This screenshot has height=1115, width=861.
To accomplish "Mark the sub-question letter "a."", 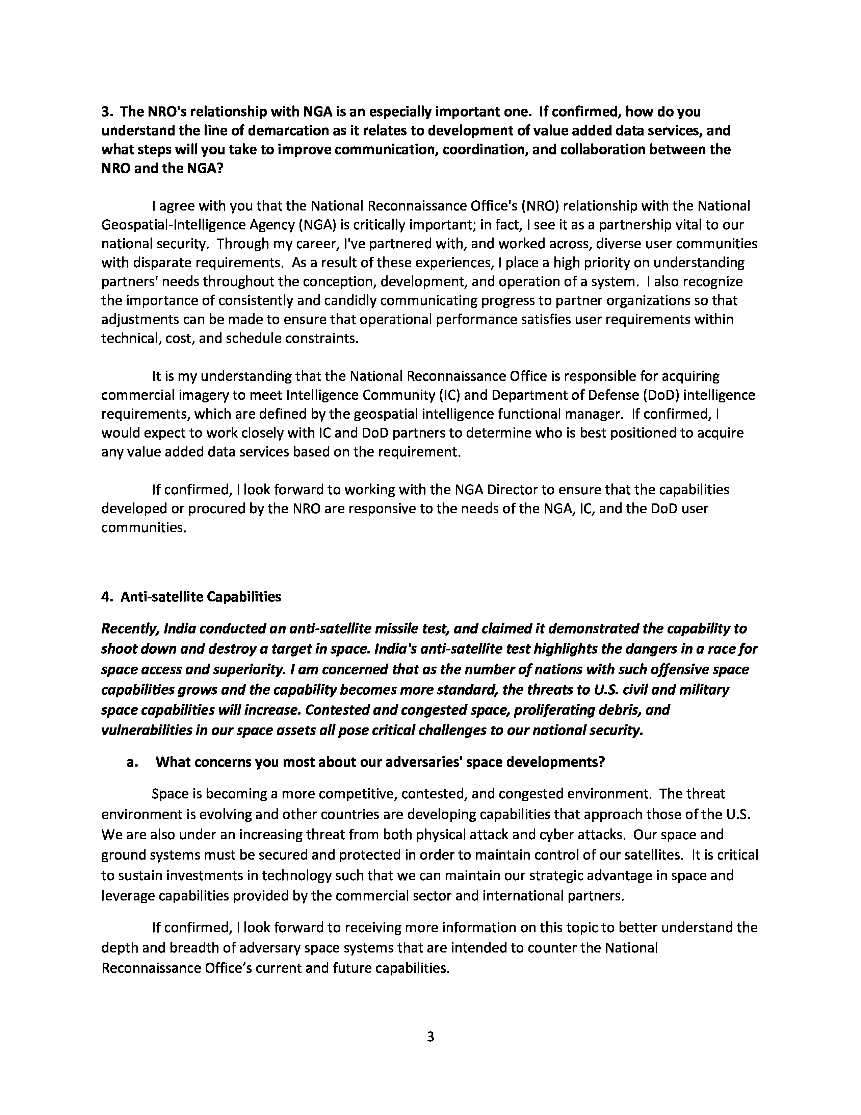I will click(133, 762).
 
